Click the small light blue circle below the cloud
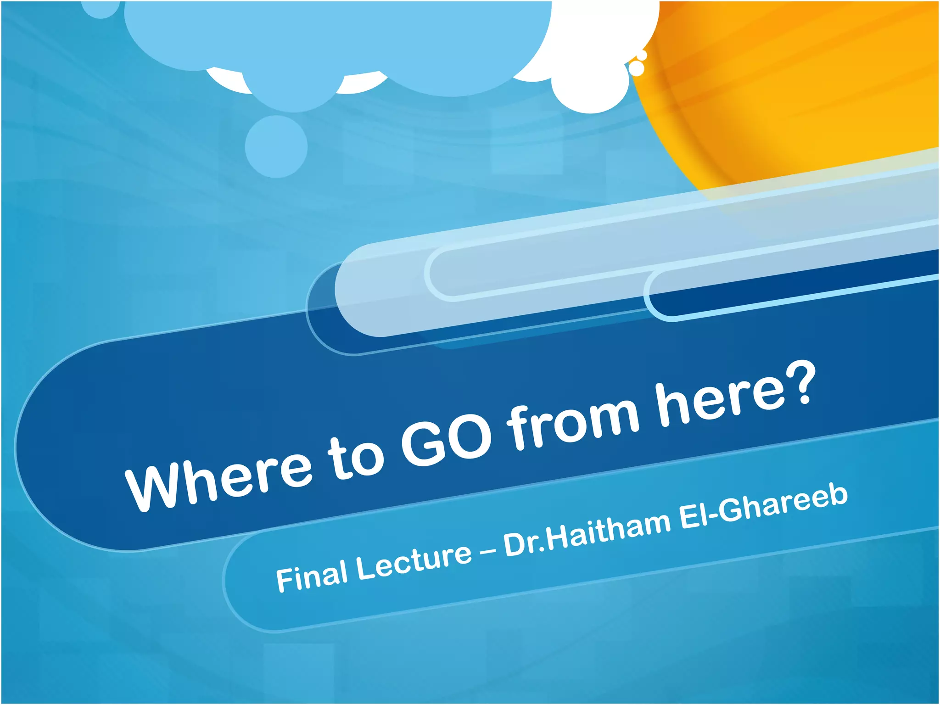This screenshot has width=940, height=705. (x=276, y=146)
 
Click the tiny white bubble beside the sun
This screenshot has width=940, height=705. (x=636, y=68)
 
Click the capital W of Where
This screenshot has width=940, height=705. (x=154, y=487)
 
